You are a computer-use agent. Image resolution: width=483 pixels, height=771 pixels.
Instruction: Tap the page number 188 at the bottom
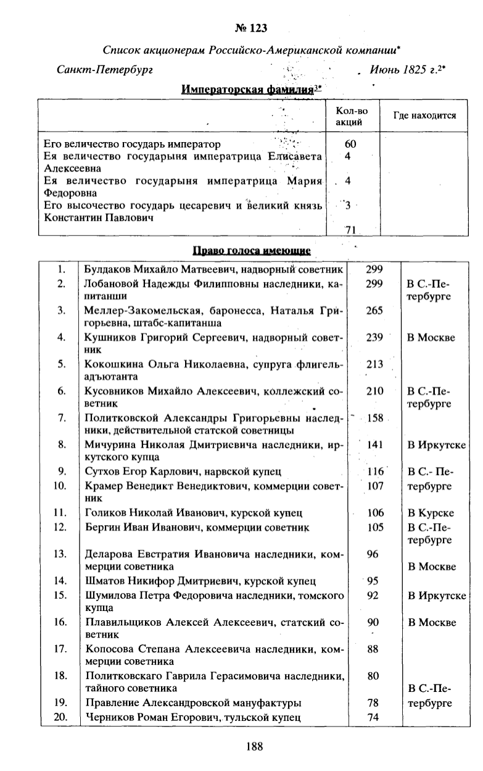point(254,746)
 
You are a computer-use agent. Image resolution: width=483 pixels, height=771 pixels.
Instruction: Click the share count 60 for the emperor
point(350,144)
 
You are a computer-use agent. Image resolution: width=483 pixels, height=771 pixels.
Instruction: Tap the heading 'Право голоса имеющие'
point(252,251)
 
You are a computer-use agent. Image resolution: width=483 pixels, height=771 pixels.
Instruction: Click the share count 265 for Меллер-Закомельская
point(374,311)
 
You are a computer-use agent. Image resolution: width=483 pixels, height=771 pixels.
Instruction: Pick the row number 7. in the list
point(61,418)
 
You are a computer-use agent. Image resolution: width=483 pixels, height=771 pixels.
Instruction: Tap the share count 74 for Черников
point(373,717)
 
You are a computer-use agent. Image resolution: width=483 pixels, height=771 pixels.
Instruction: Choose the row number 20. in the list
point(60,717)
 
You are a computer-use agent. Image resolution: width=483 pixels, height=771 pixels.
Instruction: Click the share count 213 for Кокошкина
point(374,364)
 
